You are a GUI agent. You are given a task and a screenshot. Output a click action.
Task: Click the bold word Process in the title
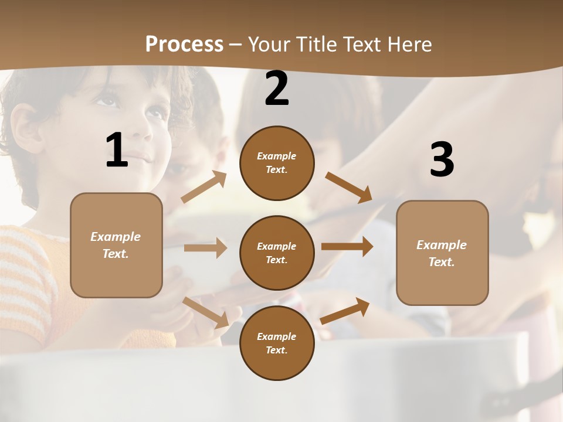pos(184,45)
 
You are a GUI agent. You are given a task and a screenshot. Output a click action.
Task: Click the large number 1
pos(117,151)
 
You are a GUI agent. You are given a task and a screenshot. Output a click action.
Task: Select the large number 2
pos(277,89)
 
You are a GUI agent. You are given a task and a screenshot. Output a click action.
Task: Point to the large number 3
pos(442,160)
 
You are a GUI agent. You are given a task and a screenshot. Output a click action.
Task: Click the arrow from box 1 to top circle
pos(204,187)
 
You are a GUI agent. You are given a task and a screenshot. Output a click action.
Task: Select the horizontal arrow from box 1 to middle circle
pos(205,248)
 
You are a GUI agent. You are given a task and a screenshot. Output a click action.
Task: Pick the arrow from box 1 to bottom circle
pos(206,312)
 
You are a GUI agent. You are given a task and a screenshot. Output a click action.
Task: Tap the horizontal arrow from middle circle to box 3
pos(347,247)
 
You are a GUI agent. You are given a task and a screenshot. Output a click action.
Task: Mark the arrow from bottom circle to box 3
pos(345,311)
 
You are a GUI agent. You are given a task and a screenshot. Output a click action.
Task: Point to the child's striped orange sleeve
pos(23,281)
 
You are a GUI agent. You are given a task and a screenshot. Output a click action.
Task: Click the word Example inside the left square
pos(116,237)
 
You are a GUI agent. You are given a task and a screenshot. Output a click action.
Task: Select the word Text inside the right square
pos(441,262)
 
